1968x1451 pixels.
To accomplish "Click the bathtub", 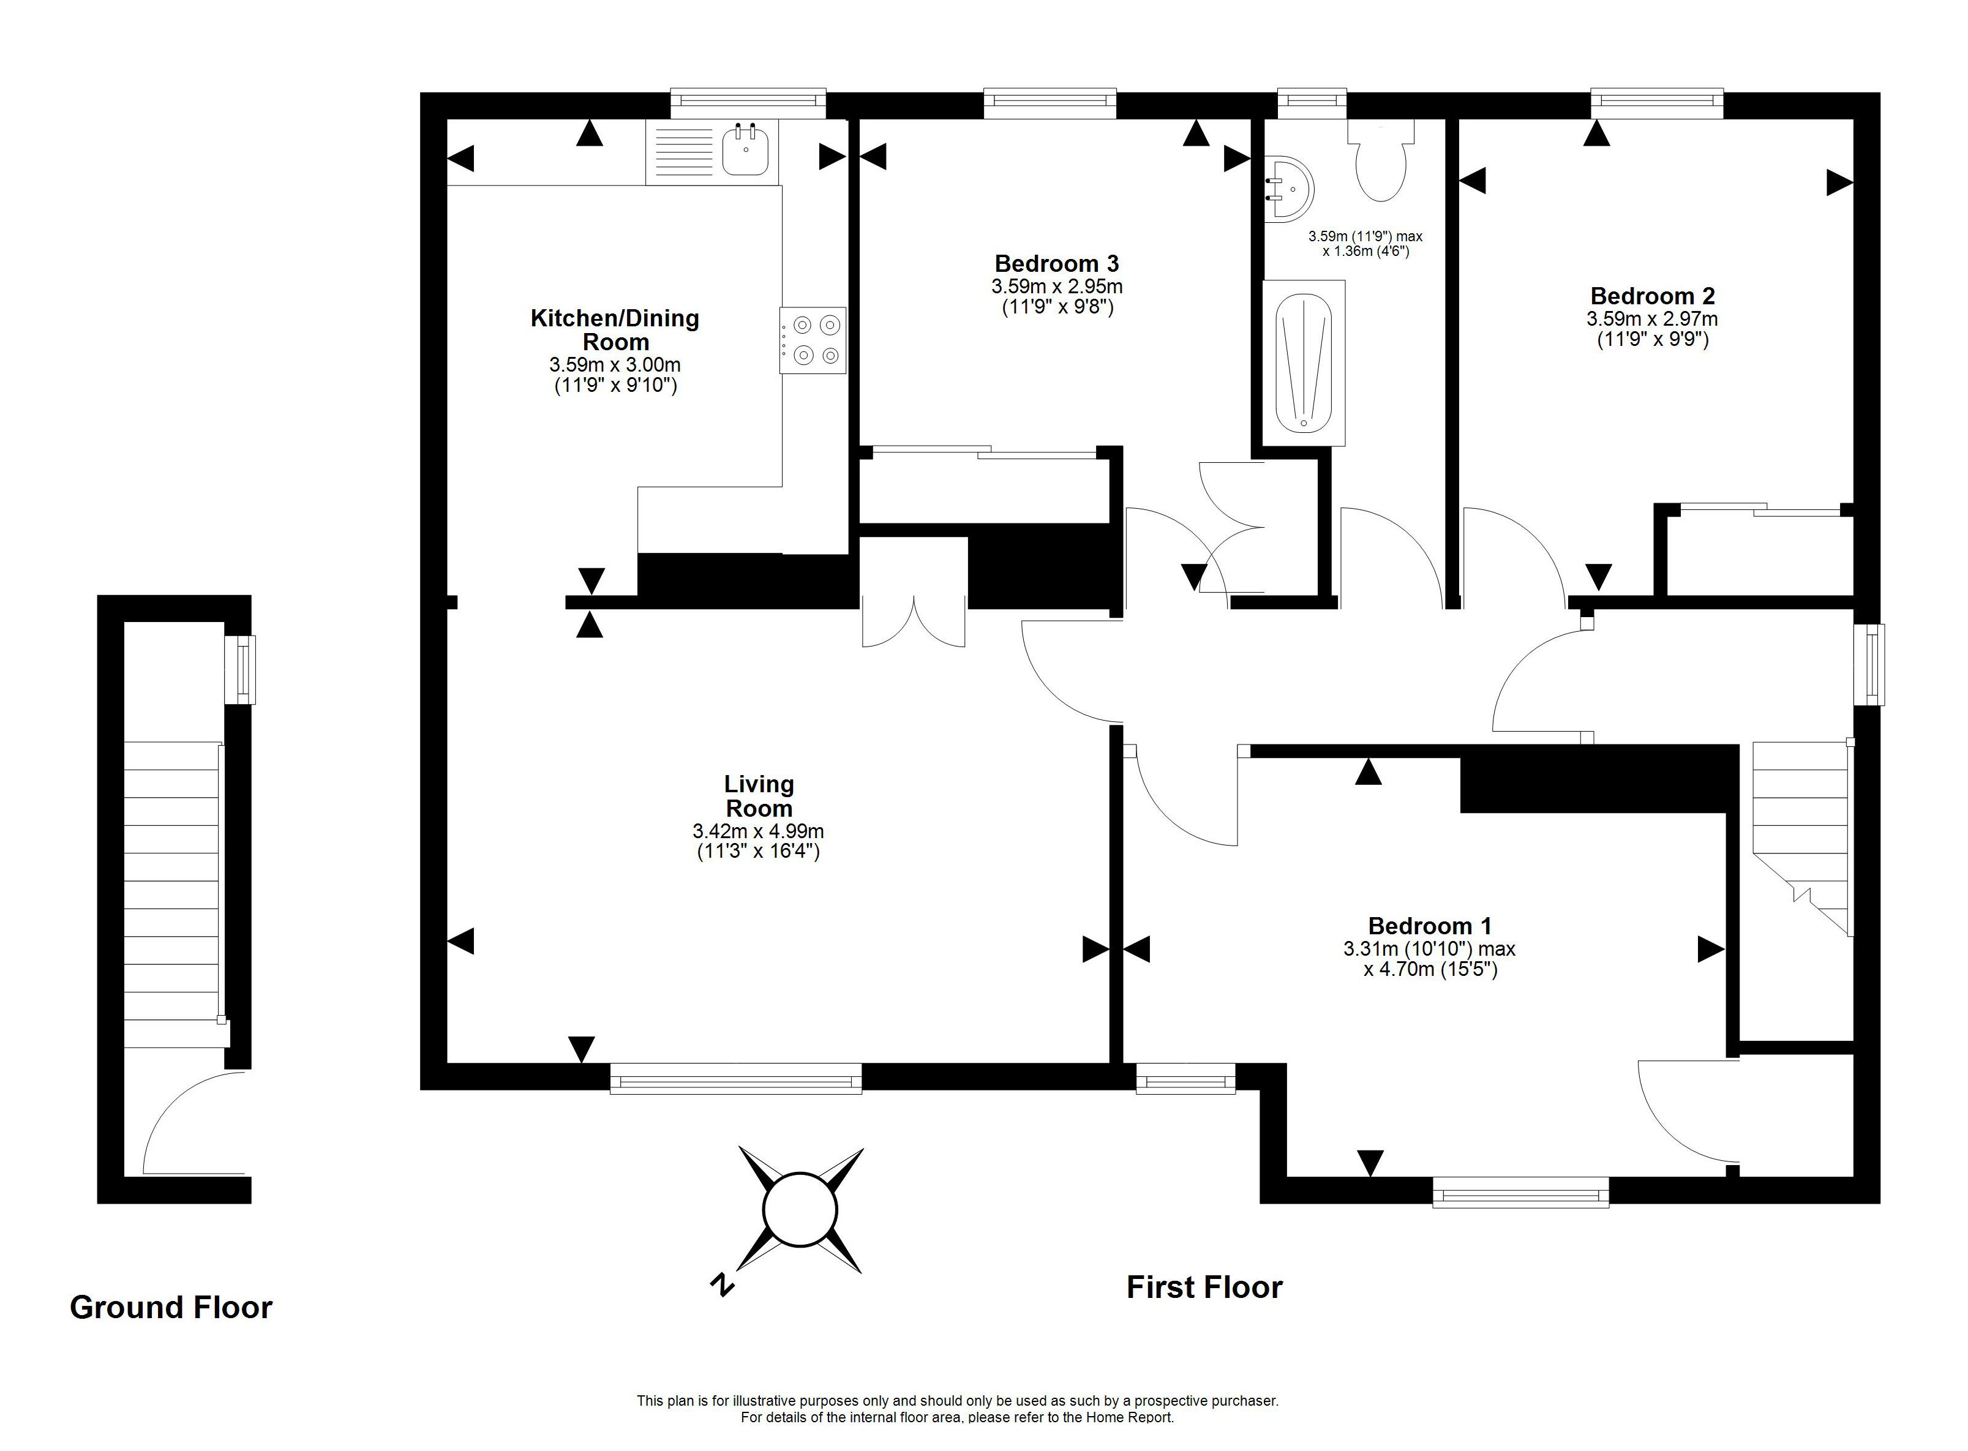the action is tap(1304, 362).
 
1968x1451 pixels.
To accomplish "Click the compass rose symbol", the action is tap(800, 1209).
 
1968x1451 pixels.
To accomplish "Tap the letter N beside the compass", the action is tap(721, 1285).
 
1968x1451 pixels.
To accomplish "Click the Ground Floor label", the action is tap(171, 1308).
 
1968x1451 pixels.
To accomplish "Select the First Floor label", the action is tap(1204, 1288).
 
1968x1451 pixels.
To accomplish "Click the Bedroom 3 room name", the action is tap(1057, 263).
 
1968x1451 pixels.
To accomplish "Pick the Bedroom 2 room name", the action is tap(1653, 296).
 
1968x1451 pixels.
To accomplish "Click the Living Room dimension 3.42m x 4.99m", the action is tap(758, 831).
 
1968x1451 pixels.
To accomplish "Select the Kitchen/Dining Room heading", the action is tap(615, 330).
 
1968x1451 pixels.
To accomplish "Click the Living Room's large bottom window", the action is tap(736, 1079).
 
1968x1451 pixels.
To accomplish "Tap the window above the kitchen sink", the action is tap(748, 103).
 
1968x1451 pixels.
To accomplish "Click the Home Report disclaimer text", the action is tap(958, 1417).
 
